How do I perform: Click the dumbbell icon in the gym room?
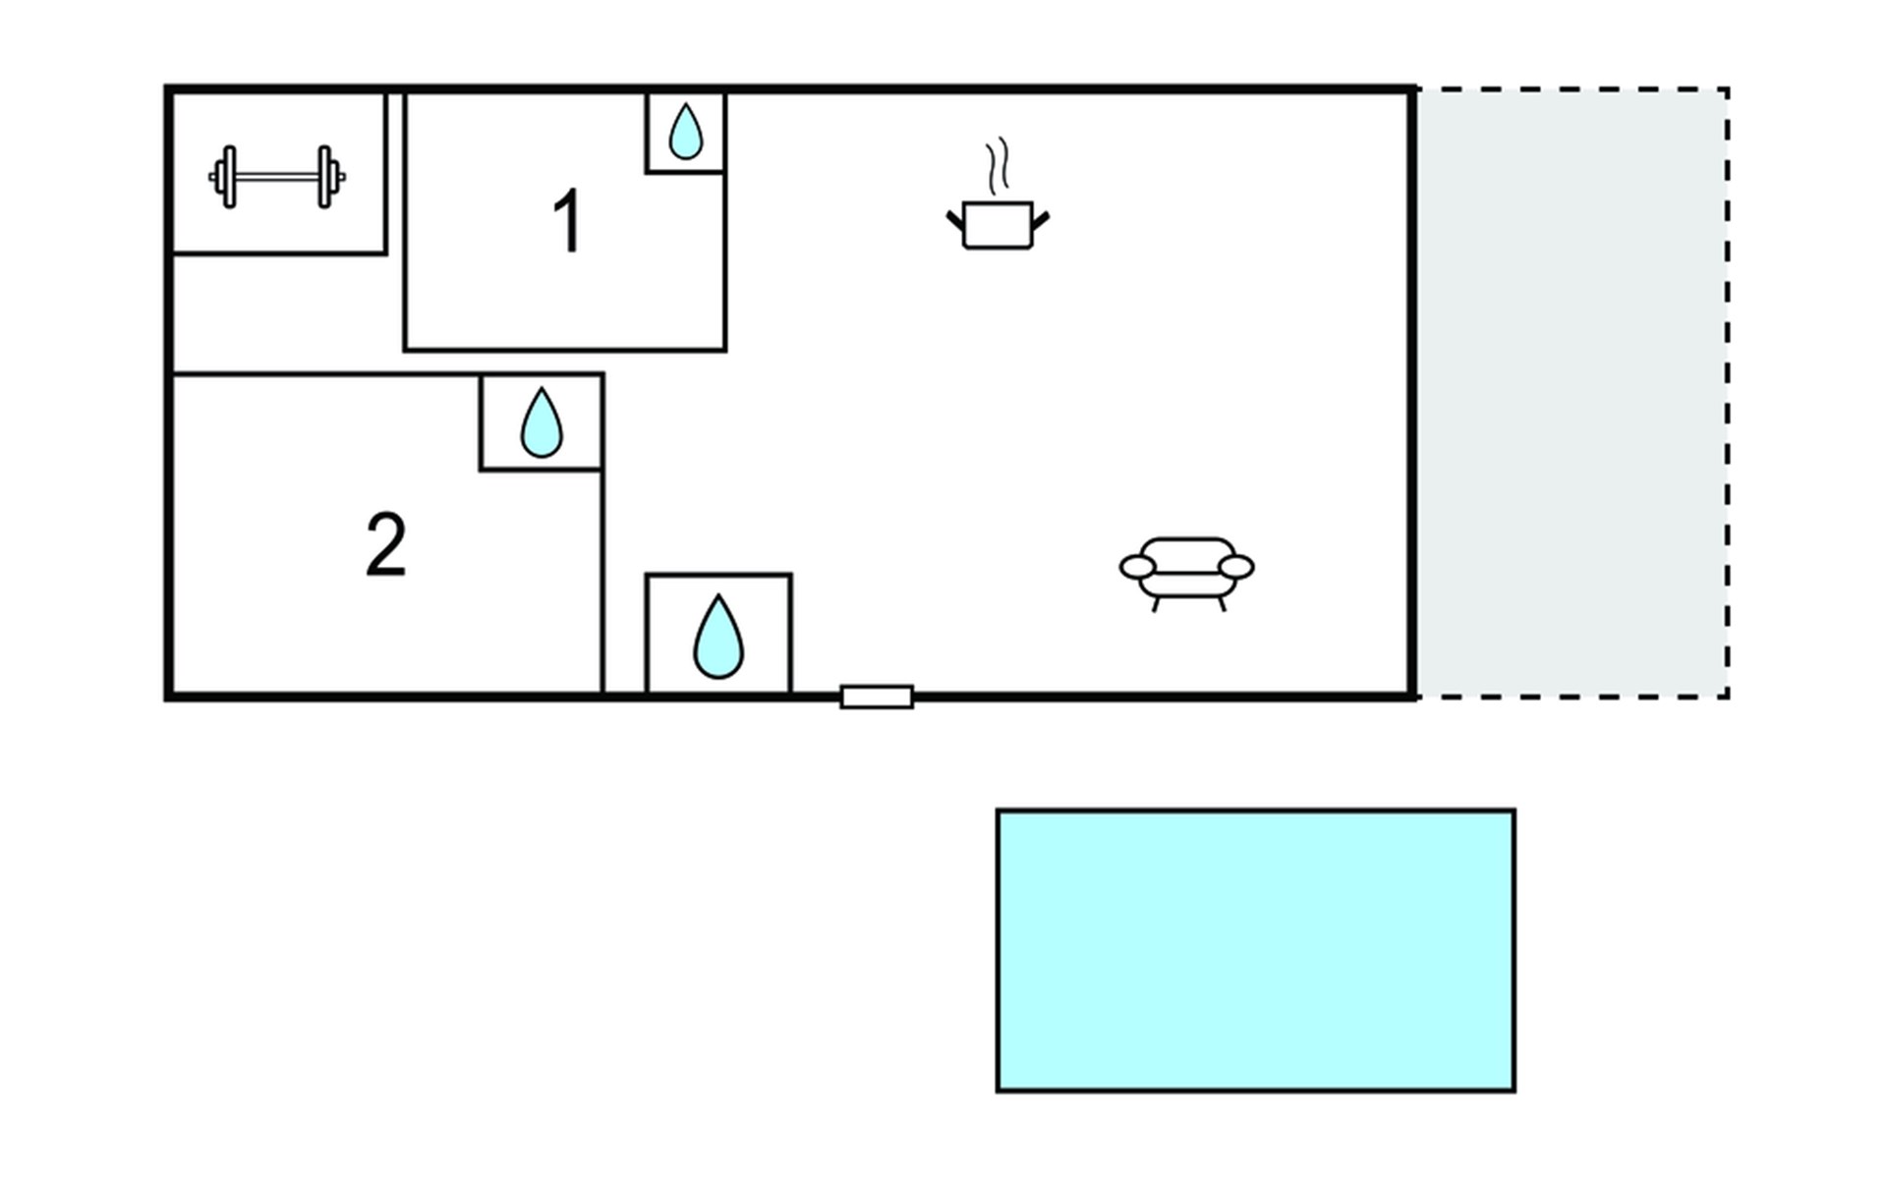click(276, 177)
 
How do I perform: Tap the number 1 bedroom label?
click(568, 222)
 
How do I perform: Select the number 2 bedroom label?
click(385, 544)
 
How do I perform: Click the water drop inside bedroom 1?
click(685, 132)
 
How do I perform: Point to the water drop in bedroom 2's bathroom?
click(541, 423)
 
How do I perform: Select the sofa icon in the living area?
click(1187, 574)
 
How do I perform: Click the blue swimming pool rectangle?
click(1256, 950)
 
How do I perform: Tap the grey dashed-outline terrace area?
click(1572, 393)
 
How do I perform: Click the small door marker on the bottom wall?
click(877, 697)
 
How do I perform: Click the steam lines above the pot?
click(998, 163)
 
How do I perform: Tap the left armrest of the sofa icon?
click(1137, 567)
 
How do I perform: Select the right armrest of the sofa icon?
click(1236, 567)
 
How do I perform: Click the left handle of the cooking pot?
click(955, 220)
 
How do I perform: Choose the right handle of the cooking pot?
click(1041, 220)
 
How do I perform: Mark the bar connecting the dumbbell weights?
click(277, 177)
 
